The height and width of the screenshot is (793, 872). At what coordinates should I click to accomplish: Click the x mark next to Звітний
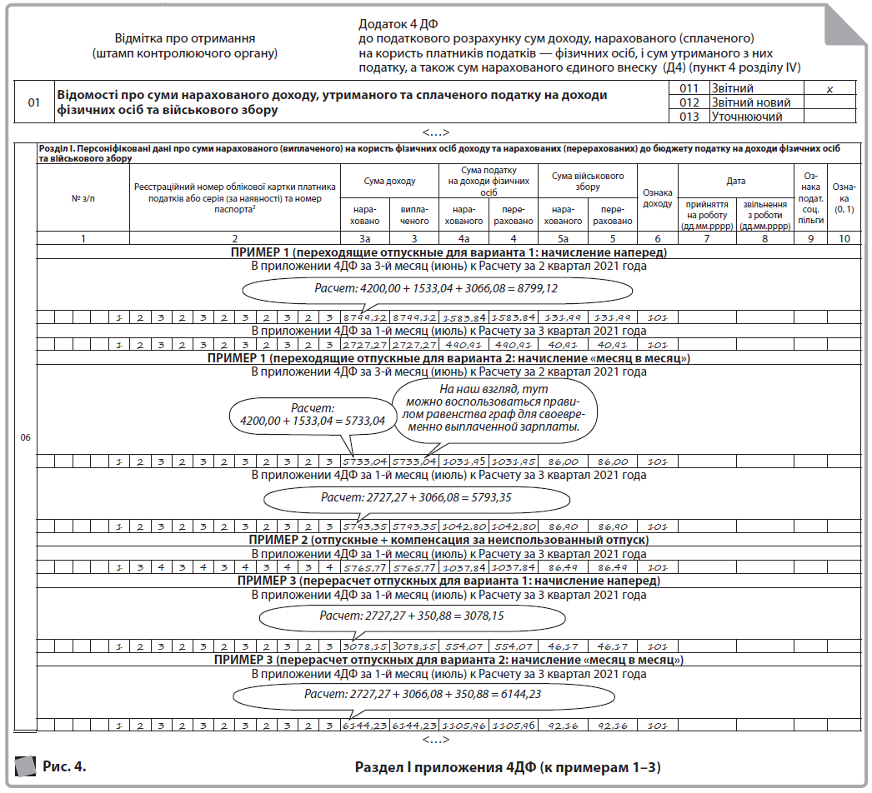(829, 87)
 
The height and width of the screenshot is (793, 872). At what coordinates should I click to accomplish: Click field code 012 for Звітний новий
(689, 102)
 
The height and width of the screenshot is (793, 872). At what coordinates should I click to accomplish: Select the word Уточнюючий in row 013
(746, 117)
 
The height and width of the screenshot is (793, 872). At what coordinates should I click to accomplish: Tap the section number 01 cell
(34, 102)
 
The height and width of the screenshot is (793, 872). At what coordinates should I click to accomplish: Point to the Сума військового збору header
(588, 182)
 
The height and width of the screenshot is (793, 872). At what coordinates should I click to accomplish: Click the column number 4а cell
(462, 239)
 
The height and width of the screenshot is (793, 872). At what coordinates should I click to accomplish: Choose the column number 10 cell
(844, 239)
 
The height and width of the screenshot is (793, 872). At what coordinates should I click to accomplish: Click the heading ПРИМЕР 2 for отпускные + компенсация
(449, 540)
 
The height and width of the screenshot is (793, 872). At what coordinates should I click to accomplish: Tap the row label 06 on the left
(25, 437)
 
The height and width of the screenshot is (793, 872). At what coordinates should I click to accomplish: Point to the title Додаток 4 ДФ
(399, 24)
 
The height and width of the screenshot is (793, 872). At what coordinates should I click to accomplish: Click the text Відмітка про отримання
(184, 38)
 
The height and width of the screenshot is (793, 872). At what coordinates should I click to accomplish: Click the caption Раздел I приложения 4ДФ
(513, 766)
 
